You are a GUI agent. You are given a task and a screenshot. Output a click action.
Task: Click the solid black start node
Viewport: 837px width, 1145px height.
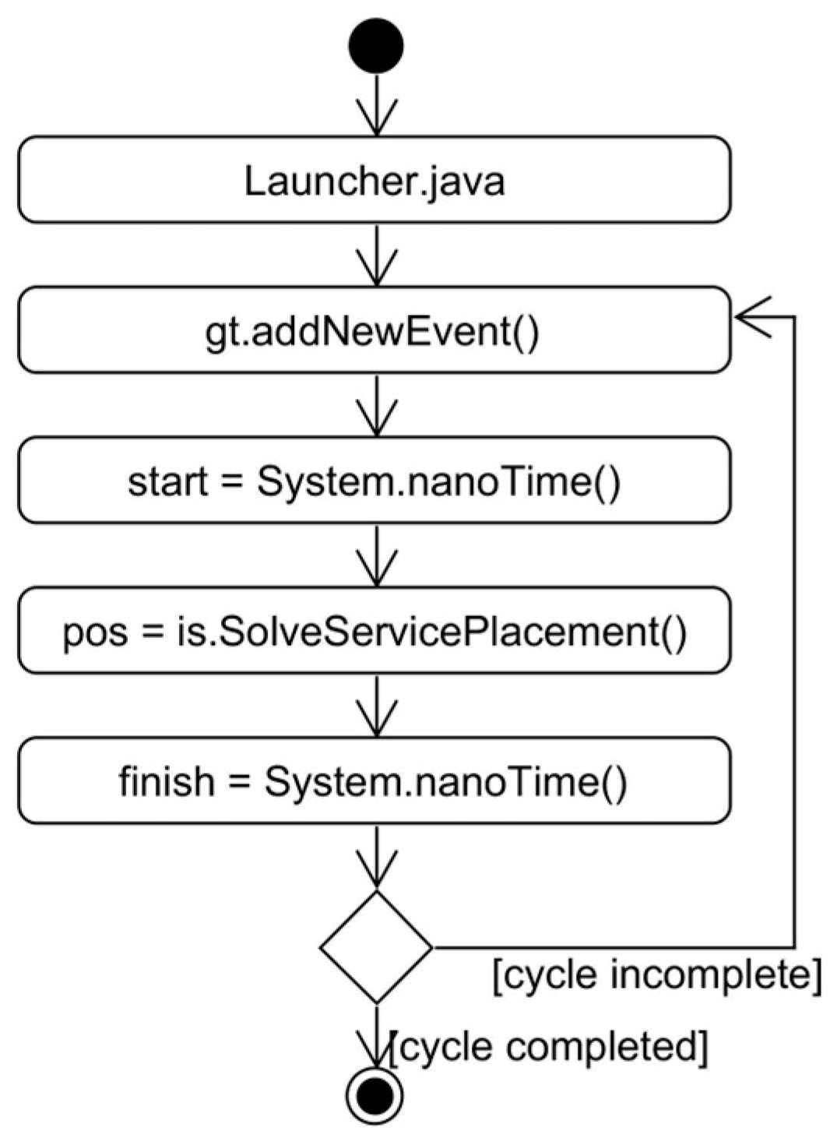point(376,46)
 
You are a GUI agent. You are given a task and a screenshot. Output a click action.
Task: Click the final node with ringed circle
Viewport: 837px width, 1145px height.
point(375,1097)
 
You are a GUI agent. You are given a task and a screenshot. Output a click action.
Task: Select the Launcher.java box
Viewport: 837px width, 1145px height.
point(375,180)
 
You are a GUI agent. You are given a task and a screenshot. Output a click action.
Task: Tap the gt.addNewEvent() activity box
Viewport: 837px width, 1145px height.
point(375,330)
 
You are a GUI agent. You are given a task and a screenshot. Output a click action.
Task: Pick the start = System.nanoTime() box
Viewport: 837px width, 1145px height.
point(375,481)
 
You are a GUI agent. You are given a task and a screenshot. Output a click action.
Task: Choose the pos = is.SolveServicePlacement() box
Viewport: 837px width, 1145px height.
point(375,631)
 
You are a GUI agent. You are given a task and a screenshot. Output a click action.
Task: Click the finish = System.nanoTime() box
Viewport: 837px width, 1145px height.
point(375,781)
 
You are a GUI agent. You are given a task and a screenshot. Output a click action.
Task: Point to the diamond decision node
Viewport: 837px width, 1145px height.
point(376,947)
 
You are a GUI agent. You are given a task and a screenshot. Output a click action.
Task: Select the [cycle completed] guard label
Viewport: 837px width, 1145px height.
point(549,1048)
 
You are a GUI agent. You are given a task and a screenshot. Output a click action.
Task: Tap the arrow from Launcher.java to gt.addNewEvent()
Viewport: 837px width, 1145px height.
point(377,257)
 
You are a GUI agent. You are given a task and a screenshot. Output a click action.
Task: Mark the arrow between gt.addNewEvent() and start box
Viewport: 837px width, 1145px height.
point(377,407)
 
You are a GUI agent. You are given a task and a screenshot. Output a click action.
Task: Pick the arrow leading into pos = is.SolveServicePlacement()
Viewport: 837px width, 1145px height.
point(377,557)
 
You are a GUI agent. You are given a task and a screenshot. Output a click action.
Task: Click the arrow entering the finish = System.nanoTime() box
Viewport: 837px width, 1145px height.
point(377,707)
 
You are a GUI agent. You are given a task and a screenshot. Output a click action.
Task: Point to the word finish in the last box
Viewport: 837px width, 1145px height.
point(167,781)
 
